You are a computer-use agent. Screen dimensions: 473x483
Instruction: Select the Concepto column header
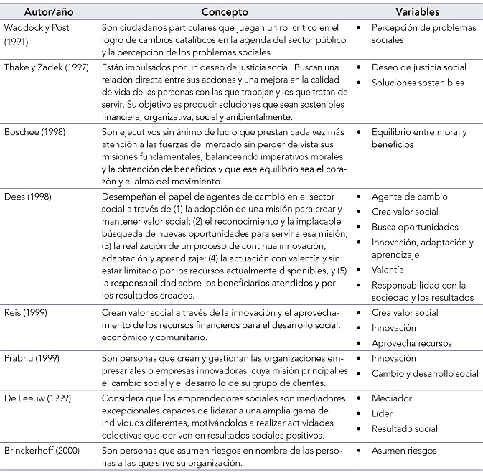point(225,12)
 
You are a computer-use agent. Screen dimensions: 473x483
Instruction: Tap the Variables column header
point(417,12)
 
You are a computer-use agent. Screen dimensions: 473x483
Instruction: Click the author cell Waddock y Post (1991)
point(35,33)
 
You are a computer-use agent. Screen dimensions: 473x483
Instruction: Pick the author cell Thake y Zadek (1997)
point(47,68)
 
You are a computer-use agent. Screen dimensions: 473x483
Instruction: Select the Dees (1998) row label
point(27,196)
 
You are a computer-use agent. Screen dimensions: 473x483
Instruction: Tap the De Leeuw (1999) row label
point(37,398)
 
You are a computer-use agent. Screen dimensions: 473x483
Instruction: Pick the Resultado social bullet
point(404,428)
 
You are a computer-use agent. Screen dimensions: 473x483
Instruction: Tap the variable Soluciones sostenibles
point(418,83)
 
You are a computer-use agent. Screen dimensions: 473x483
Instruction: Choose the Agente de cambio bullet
point(409,196)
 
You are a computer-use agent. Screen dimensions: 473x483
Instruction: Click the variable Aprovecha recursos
point(412,343)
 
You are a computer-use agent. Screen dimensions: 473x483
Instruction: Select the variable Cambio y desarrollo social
point(425,373)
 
